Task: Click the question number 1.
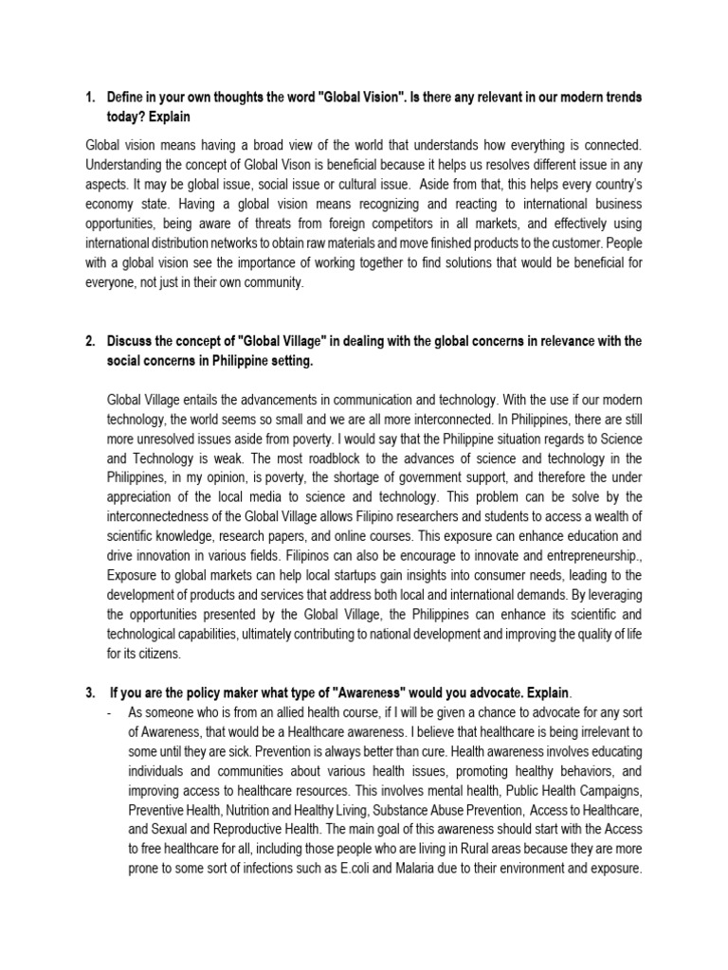pos(90,98)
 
